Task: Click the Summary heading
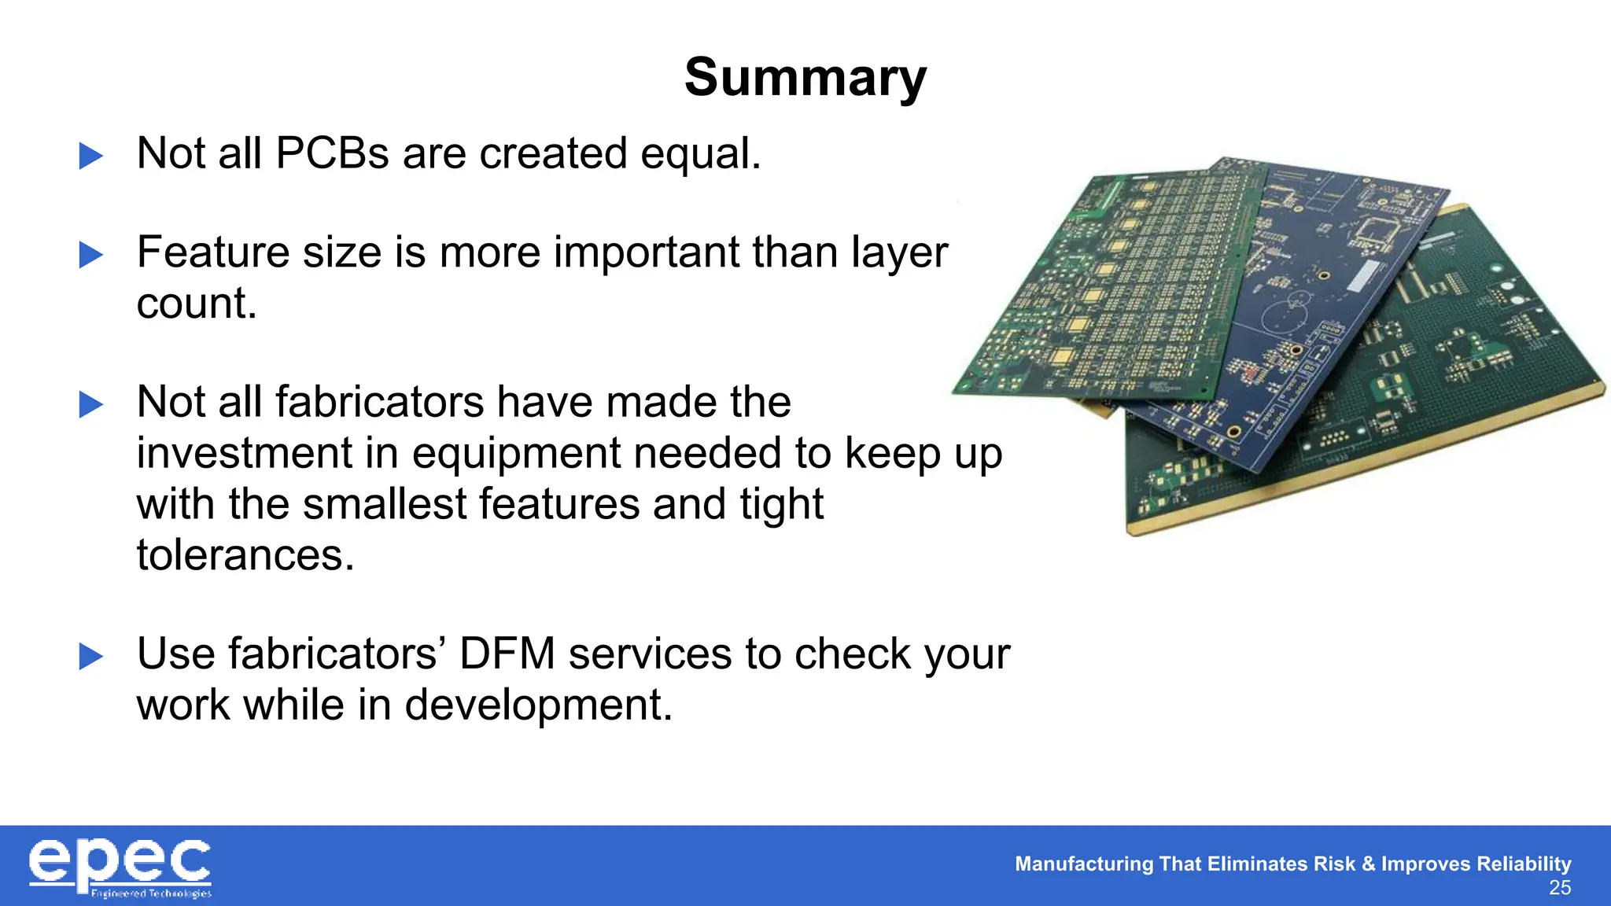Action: (x=805, y=78)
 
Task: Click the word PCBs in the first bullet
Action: (x=332, y=153)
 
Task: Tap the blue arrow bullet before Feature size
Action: (x=91, y=255)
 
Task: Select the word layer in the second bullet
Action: (x=899, y=253)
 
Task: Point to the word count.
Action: (x=197, y=304)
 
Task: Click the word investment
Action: (x=267, y=454)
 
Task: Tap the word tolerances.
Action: (x=245, y=555)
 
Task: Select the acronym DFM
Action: (x=507, y=654)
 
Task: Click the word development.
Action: (x=539, y=705)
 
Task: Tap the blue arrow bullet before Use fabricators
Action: (x=91, y=657)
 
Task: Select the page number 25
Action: (x=1559, y=889)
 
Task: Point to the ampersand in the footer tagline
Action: (x=1368, y=864)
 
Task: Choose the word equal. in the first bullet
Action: (x=700, y=153)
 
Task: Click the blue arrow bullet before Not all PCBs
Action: (x=91, y=156)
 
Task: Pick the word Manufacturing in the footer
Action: (x=1083, y=864)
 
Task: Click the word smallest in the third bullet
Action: (x=385, y=504)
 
